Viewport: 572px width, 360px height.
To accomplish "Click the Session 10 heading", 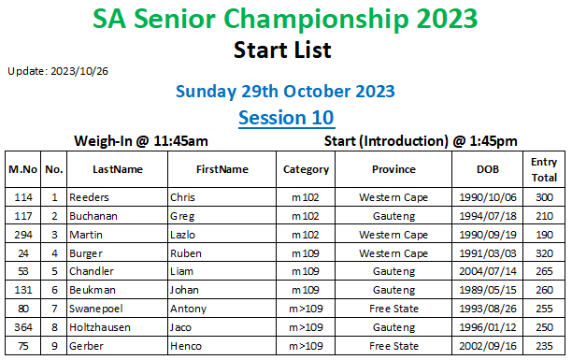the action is click(286, 118).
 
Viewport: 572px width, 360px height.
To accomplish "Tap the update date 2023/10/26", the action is click(79, 71).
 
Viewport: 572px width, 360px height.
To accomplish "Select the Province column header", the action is click(393, 169).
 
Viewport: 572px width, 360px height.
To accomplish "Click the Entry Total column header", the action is click(544, 170).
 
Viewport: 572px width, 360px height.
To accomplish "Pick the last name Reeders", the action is click(89, 197).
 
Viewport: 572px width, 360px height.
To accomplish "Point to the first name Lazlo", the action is click(182, 235).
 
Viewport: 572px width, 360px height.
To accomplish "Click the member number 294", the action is click(23, 235).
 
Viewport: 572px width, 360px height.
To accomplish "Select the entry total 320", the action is click(544, 253).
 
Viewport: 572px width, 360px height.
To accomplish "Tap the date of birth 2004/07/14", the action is click(488, 271).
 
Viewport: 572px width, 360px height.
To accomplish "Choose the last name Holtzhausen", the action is click(100, 327).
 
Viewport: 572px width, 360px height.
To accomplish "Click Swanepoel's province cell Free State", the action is click(393, 309).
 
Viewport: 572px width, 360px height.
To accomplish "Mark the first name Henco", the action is click(186, 346).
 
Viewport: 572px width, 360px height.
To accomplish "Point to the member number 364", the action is click(23, 327).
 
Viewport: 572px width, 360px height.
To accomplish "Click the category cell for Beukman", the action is click(306, 290).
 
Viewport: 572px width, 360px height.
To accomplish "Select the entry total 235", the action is click(544, 346).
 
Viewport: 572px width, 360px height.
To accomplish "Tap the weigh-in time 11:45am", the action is click(180, 141).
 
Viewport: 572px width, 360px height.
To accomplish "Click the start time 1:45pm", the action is click(493, 141).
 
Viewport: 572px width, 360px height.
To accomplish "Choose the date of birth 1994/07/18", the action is click(488, 216).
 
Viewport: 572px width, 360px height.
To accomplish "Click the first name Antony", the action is click(188, 309).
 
